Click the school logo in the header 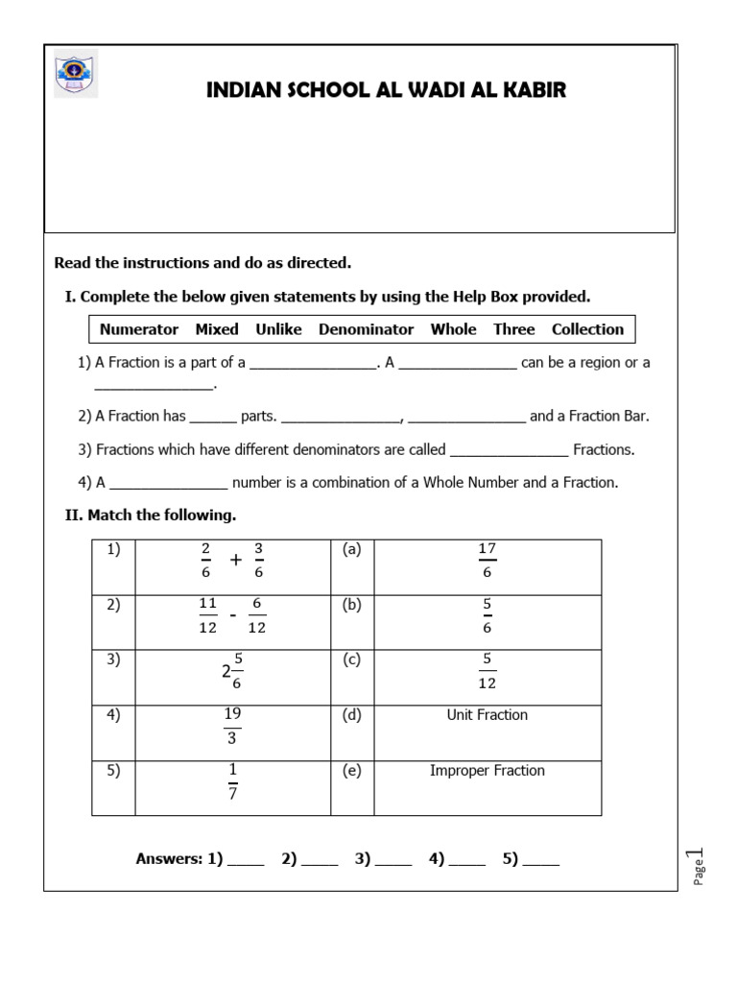[75, 73]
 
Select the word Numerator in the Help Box [139, 329]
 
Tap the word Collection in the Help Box [587, 329]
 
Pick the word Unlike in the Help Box [278, 329]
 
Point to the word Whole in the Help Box [453, 329]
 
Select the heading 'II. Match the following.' [151, 515]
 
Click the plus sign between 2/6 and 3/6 [235, 561]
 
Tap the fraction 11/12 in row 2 [208, 615]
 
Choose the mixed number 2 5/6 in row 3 [231, 671]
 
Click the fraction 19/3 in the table [232, 726]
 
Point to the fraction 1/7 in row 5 [232, 781]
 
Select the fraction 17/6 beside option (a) [487, 560]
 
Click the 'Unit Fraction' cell [487, 715]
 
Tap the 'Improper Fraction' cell [487, 771]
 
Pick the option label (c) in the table [351, 660]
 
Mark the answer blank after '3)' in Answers [393, 861]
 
